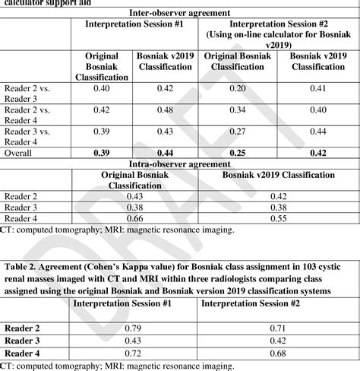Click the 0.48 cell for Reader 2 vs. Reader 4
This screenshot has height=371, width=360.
pyautogui.click(x=166, y=109)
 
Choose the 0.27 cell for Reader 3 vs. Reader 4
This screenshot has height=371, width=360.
pyautogui.click(x=236, y=132)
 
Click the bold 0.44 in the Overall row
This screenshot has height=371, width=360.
pyautogui.click(x=166, y=153)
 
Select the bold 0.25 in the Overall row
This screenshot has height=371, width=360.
pyautogui.click(x=236, y=153)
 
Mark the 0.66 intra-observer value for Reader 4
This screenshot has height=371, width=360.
pyautogui.click(x=134, y=217)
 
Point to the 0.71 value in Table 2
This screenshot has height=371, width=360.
pyautogui.click(x=277, y=328)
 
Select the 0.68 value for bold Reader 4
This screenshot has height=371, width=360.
pyautogui.click(x=277, y=353)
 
